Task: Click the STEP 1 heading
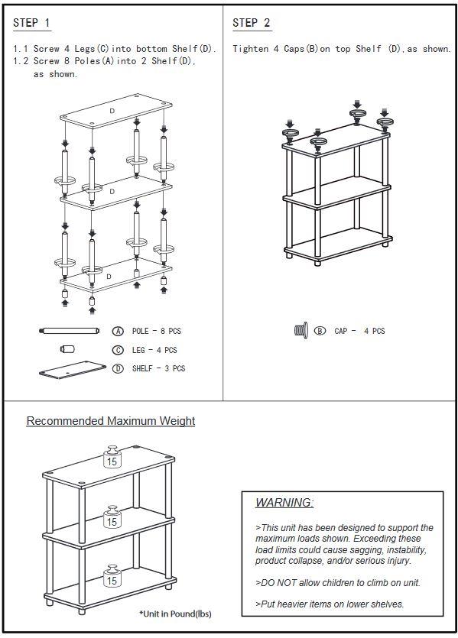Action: [31, 24]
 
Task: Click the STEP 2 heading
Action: [252, 24]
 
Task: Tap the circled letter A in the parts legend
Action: [118, 331]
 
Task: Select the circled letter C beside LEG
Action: [118, 350]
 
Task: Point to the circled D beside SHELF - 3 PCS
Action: [118, 368]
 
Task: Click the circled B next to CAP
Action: [320, 331]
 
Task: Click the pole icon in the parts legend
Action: [70, 331]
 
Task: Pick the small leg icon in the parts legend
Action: [67, 349]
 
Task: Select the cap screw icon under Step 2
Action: [300, 331]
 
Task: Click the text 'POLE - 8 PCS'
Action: [157, 331]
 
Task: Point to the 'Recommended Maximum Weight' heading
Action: [111, 421]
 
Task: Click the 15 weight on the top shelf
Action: [112, 460]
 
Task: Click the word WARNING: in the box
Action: [284, 503]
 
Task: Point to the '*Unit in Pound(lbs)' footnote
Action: [175, 614]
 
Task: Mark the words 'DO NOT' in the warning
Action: [281, 583]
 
